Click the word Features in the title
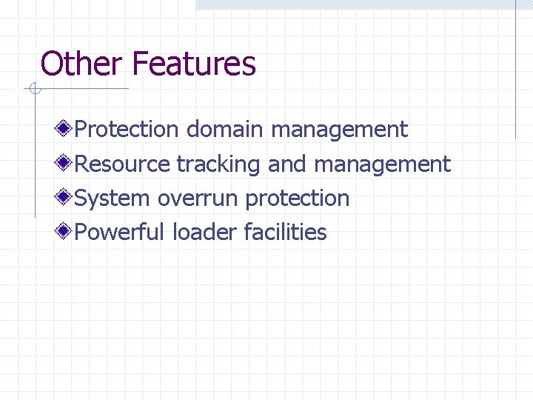(194, 64)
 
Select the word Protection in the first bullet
(127, 130)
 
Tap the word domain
(224, 130)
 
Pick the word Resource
(123, 164)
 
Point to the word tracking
(218, 164)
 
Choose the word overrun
(198, 199)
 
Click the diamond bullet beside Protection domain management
(65, 130)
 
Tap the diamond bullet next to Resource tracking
(65, 164)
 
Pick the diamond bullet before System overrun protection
(65, 198)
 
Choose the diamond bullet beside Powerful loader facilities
(65, 232)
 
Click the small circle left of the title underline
(35, 90)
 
